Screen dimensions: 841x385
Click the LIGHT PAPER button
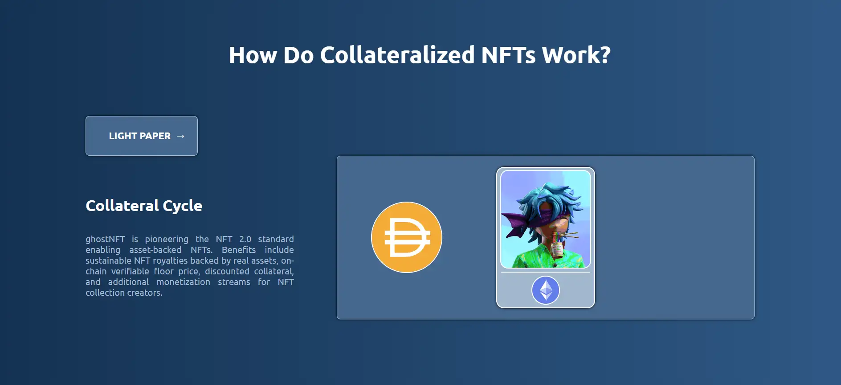tap(142, 136)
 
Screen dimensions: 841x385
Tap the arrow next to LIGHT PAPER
tap(180, 136)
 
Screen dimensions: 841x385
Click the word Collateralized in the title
tap(397, 55)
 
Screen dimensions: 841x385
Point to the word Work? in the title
tap(576, 55)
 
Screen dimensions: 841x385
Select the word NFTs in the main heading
tap(508, 55)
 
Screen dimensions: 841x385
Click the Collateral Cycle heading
tap(144, 206)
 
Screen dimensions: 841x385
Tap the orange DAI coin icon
tap(407, 237)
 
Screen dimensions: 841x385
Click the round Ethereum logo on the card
tap(546, 290)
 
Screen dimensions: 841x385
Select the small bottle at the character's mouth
tap(557, 248)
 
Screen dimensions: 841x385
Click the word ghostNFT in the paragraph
tap(105, 240)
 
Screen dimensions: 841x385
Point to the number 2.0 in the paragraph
tap(245, 239)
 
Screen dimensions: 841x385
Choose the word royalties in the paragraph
tap(171, 261)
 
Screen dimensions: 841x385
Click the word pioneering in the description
tap(167, 240)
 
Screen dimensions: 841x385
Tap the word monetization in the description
tap(183, 282)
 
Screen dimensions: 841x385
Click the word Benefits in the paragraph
tap(239, 250)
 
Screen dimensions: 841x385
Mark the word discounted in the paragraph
tap(227, 271)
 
